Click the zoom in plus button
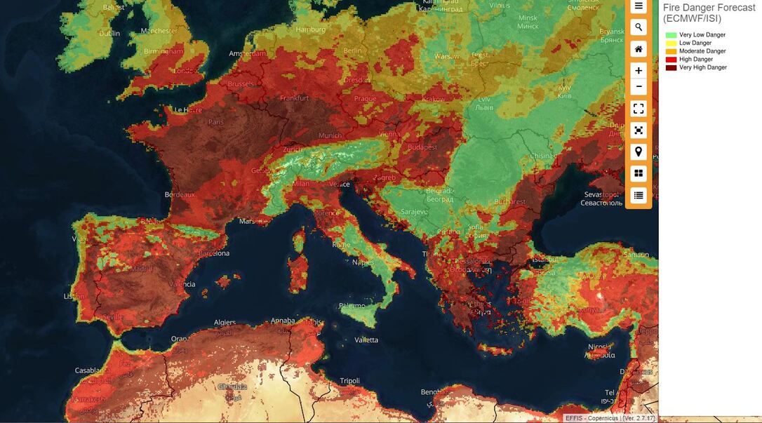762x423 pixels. tap(639, 70)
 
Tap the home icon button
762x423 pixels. tap(639, 49)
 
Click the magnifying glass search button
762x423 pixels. tap(639, 27)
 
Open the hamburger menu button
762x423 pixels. tap(639, 6)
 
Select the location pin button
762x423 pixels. tap(639, 152)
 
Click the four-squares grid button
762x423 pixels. tap(639, 173)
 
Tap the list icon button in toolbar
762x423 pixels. tap(639, 195)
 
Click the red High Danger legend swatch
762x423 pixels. tap(671, 60)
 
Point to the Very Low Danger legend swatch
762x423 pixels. tap(671, 35)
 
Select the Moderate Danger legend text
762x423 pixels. tap(702, 51)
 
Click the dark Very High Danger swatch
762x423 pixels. tap(671, 68)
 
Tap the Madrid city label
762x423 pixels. tap(141, 269)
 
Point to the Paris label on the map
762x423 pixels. tap(215, 122)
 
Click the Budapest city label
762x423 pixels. tap(422, 147)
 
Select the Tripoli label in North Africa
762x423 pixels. tap(349, 381)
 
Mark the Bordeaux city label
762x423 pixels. tap(180, 194)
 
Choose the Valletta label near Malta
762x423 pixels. tap(366, 340)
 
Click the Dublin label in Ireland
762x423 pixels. tap(109, 33)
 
